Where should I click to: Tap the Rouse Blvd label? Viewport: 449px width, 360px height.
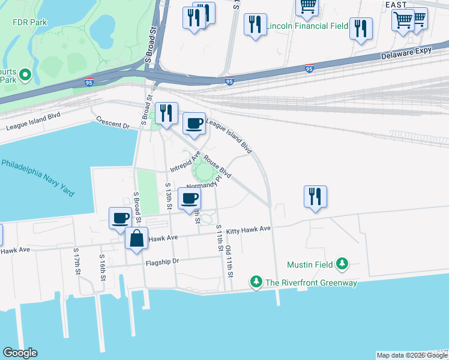click(217, 167)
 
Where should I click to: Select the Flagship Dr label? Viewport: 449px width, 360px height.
click(162, 262)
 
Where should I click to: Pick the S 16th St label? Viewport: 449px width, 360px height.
click(102, 268)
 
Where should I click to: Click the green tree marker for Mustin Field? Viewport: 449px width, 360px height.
click(342, 263)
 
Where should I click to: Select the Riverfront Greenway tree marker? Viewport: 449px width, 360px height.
click(256, 281)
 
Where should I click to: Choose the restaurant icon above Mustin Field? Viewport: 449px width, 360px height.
click(315, 196)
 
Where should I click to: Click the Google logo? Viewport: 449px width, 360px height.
click(20, 353)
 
